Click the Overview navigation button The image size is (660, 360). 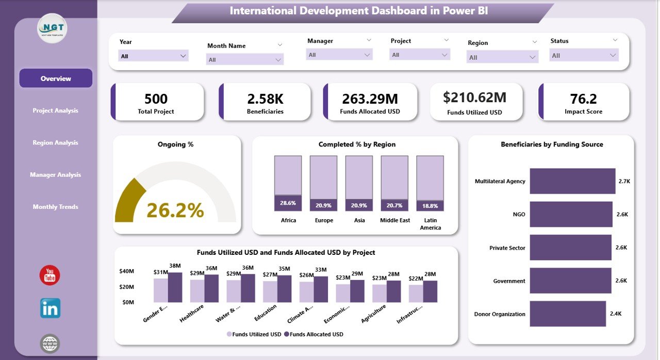(56, 78)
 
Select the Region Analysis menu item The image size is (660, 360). (55, 143)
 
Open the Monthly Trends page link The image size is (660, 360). (55, 207)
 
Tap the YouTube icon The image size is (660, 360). (50, 275)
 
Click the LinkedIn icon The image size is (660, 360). (50, 308)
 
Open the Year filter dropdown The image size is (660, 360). (153, 56)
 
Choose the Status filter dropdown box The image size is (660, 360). (584, 55)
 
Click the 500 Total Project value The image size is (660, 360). (156, 99)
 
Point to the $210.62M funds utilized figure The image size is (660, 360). (474, 97)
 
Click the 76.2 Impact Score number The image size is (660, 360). (583, 99)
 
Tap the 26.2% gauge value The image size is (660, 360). (175, 210)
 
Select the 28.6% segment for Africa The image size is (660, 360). (288, 203)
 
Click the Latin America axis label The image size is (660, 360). (430, 224)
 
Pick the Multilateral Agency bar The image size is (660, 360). (572, 181)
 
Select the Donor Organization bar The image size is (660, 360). (567, 314)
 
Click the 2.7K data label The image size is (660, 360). (624, 181)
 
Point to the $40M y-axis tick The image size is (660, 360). (126, 271)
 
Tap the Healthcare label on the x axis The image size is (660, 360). (192, 313)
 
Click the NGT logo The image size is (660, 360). (53, 28)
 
